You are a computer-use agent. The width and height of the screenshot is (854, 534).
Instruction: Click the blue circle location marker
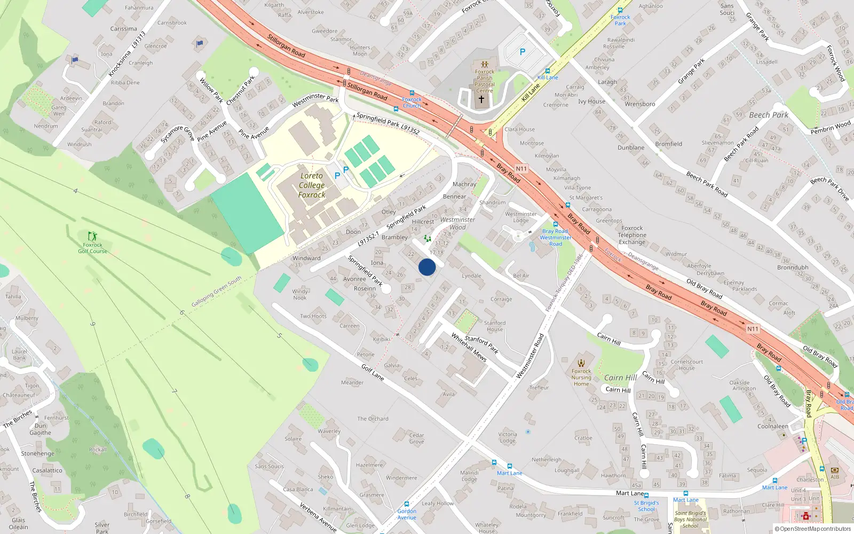pos(427,267)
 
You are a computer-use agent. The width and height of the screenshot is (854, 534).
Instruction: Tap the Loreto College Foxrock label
pos(312,185)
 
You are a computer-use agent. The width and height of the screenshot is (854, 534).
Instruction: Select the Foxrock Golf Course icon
pos(92,235)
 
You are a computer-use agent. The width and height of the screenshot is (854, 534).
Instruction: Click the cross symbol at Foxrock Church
pos(481,99)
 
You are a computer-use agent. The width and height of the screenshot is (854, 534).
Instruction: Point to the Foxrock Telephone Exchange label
pos(632,235)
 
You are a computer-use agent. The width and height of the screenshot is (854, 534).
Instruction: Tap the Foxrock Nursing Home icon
pos(581,363)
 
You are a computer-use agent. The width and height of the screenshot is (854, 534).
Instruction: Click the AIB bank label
pos(835,477)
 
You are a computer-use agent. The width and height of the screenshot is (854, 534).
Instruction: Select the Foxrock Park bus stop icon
pos(620,10)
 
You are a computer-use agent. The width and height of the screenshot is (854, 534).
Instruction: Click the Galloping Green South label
pos(216,292)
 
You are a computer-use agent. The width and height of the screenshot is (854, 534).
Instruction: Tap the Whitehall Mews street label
pos(469,347)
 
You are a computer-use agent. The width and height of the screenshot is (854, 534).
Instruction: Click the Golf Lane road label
pos(373,372)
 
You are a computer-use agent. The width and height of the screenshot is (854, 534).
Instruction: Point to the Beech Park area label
pos(769,115)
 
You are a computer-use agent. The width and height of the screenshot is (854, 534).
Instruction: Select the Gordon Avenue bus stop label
pos(407,514)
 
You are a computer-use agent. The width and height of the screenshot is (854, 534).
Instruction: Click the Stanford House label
pos(495,326)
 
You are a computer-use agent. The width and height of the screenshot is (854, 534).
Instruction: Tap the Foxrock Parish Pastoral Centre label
pos(485,81)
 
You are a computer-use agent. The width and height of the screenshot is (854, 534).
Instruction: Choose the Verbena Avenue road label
pos(318,517)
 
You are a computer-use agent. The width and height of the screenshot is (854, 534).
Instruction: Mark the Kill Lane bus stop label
pos(548,77)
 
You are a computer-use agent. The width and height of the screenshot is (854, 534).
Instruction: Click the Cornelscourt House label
pos(686,365)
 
